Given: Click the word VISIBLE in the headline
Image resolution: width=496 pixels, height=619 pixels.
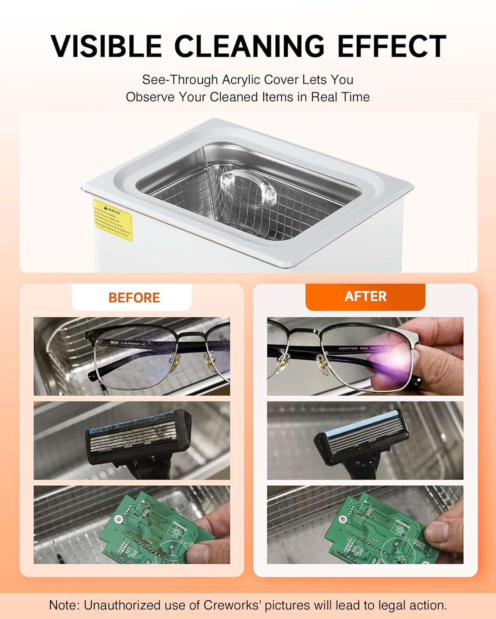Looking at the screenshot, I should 106,46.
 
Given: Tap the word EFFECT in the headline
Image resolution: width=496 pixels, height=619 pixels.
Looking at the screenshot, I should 392,46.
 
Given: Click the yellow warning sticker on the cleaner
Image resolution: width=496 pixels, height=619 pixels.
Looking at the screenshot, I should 112,220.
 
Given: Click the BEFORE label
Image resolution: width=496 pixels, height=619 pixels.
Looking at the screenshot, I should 134,298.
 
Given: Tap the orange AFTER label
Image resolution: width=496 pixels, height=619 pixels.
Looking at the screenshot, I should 365,296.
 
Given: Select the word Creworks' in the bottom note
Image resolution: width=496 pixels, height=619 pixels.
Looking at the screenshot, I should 232,605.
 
